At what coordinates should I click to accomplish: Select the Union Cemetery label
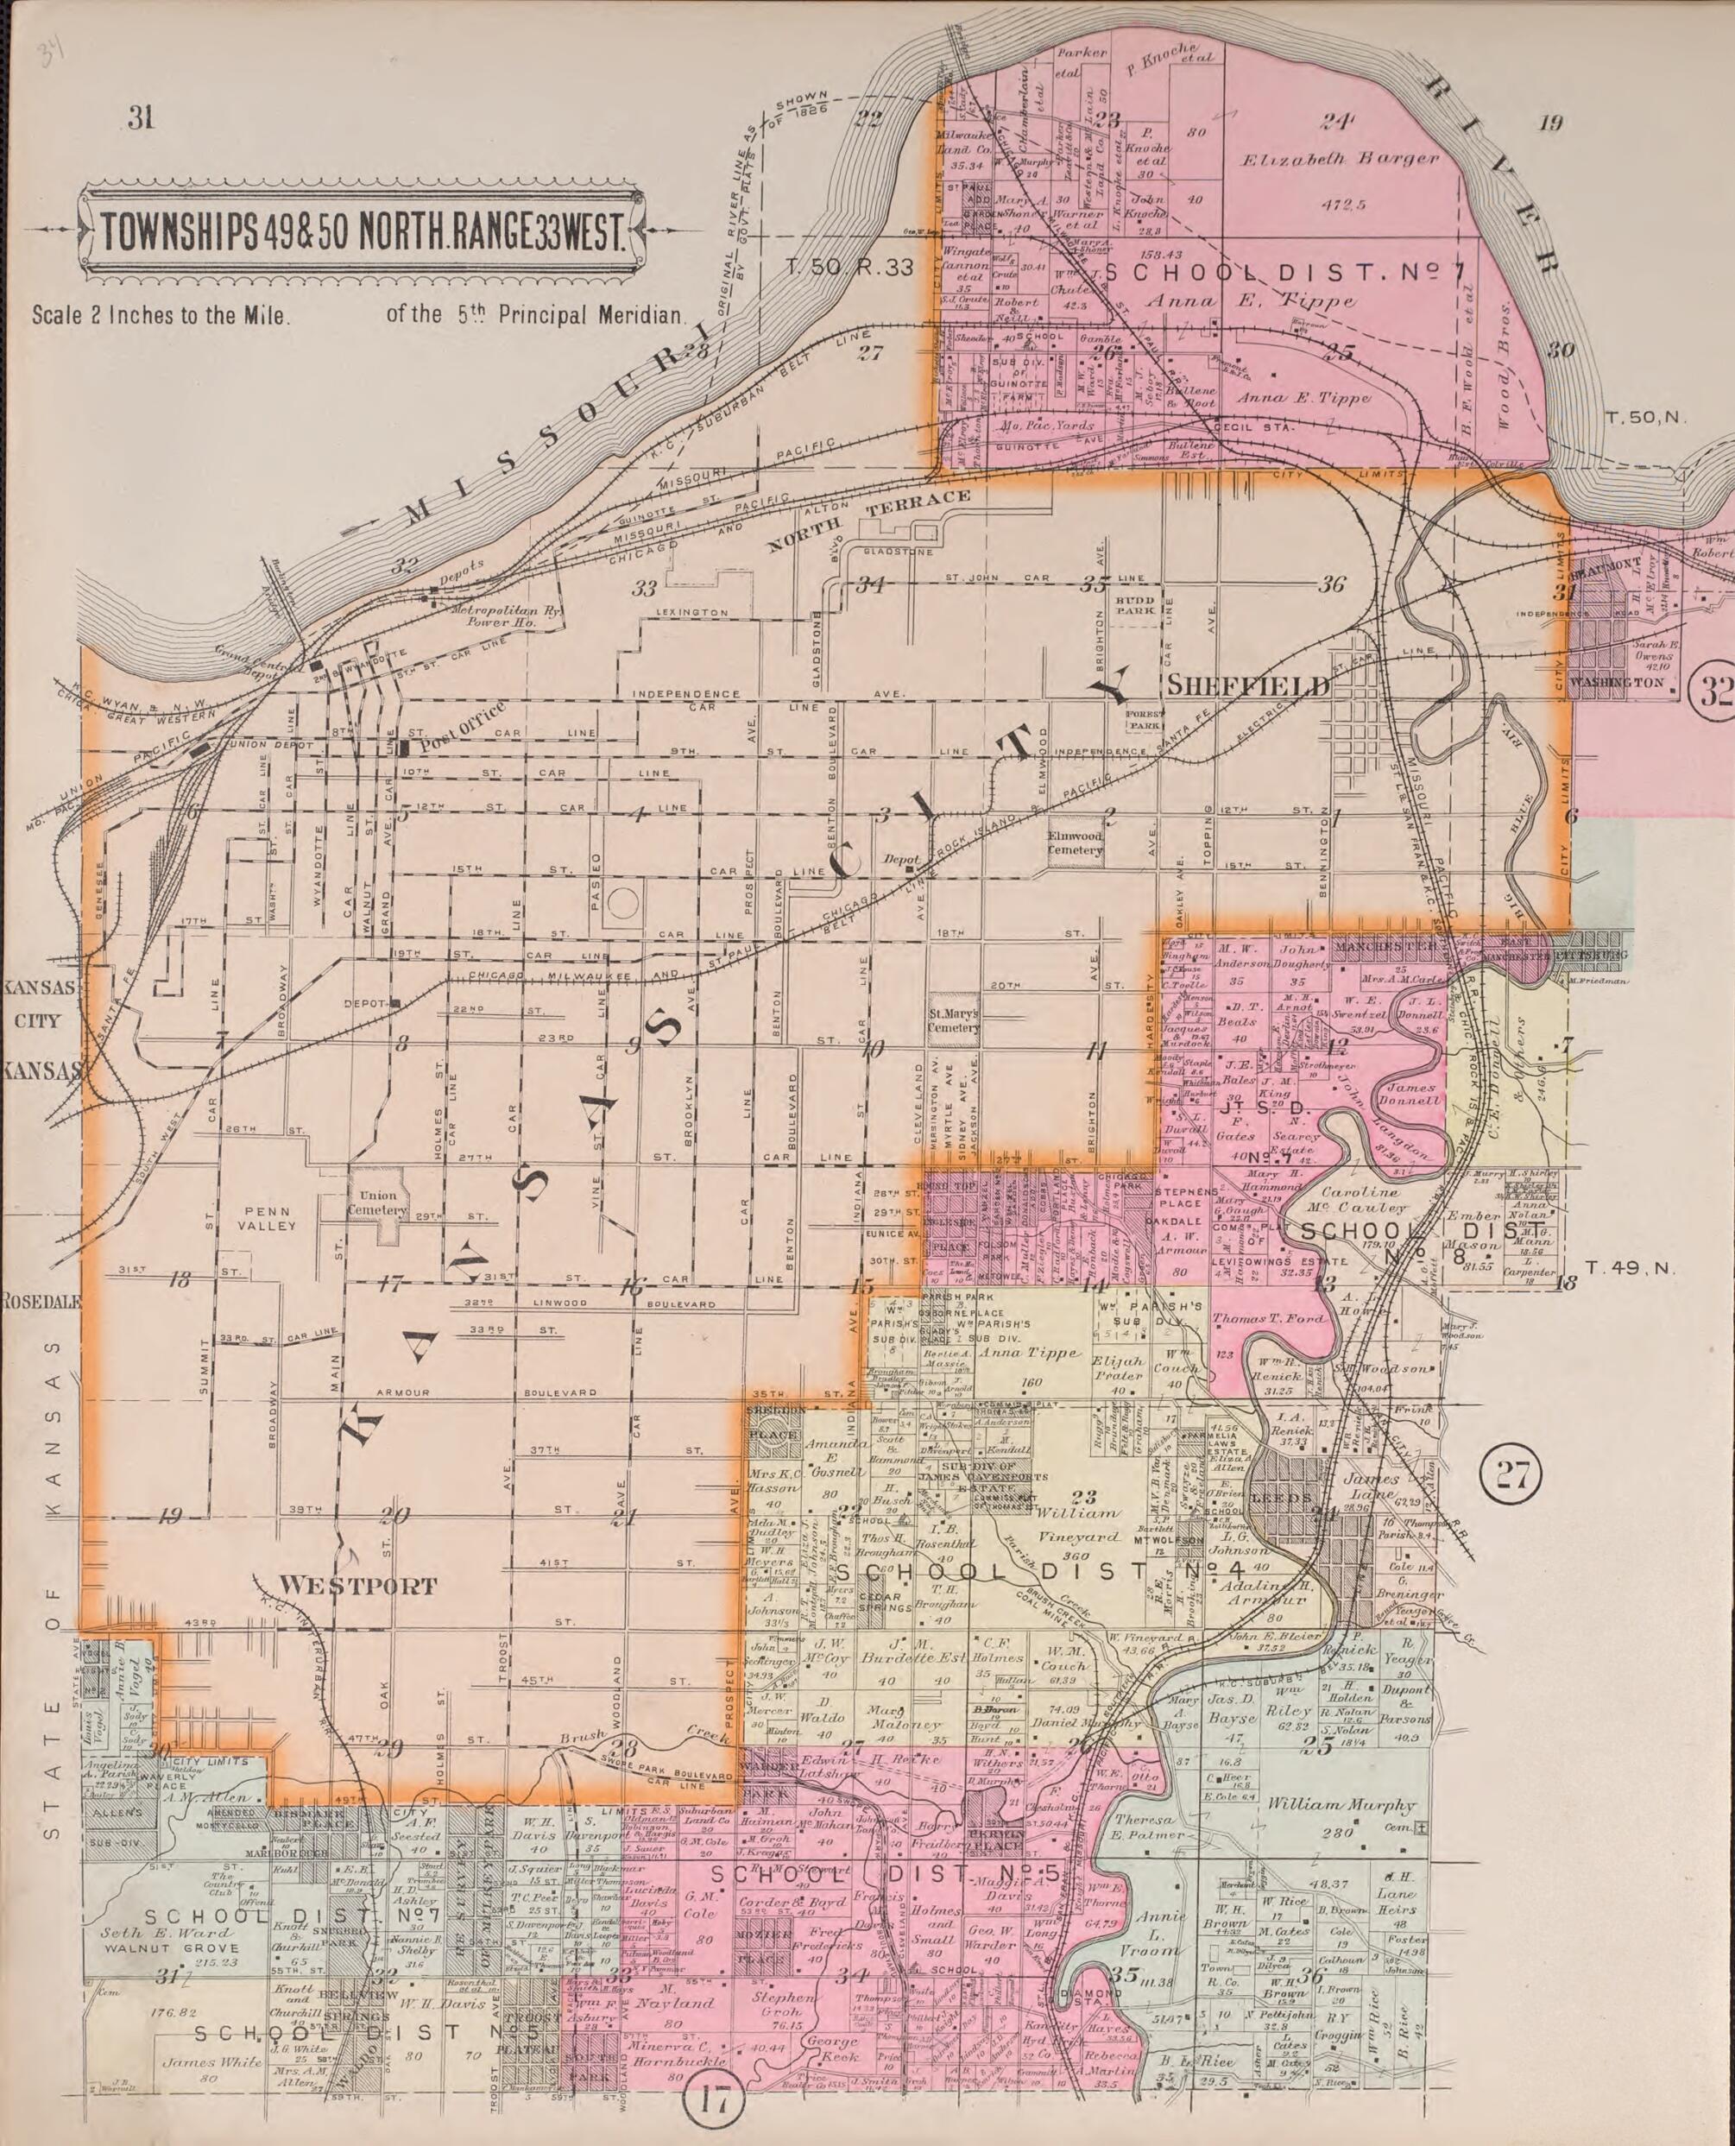coord(379,1202)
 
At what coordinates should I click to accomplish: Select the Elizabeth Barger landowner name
coord(1339,159)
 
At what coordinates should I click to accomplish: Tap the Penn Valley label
coord(267,1217)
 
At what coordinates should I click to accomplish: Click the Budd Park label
coord(1133,606)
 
